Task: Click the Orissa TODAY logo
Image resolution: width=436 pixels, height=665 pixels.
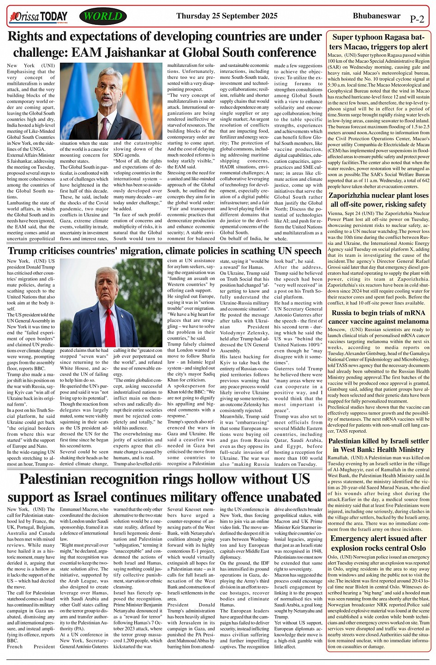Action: tap(38, 17)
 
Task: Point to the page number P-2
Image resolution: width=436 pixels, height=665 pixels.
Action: tap(417, 19)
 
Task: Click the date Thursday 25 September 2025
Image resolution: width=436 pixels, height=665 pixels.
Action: tap(227, 16)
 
